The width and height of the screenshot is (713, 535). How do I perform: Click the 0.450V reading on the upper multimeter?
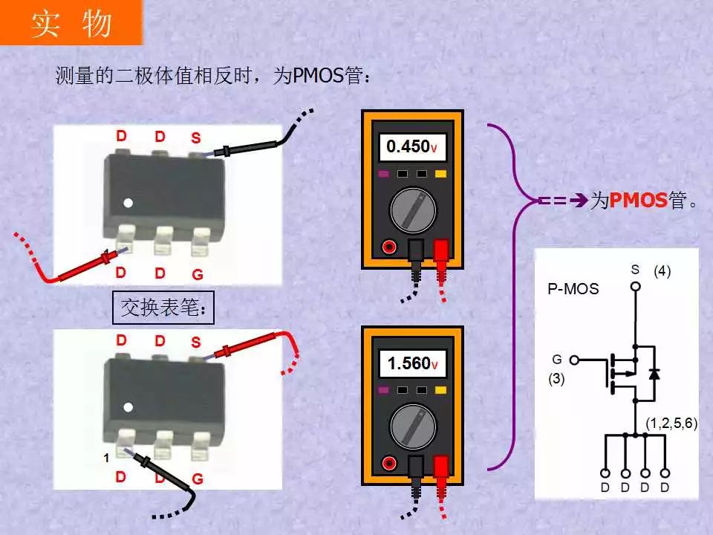click(x=412, y=146)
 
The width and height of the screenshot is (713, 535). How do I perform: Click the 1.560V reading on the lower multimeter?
click(x=412, y=363)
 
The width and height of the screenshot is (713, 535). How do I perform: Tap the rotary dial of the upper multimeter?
click(x=413, y=210)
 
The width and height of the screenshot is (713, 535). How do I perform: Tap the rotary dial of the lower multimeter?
click(x=413, y=427)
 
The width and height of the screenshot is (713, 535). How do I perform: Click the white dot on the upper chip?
click(x=128, y=203)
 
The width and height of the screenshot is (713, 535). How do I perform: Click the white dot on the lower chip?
click(x=128, y=407)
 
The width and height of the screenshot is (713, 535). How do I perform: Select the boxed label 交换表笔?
click(x=163, y=308)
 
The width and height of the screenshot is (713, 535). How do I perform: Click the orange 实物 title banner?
click(x=71, y=22)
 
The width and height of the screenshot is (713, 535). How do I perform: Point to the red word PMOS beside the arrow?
click(x=639, y=200)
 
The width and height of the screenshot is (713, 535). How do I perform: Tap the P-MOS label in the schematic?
click(x=573, y=289)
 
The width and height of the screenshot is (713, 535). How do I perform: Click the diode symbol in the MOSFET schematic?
click(x=654, y=374)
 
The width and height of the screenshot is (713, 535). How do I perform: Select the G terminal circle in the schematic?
click(x=574, y=360)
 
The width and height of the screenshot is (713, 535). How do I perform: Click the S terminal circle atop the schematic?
click(x=636, y=287)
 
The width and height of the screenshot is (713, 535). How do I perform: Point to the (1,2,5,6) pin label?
click(x=671, y=423)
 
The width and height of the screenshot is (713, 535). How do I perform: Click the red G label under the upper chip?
click(x=198, y=274)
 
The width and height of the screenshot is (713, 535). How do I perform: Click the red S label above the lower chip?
click(x=195, y=342)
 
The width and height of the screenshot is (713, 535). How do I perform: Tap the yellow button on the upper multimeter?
click(x=440, y=174)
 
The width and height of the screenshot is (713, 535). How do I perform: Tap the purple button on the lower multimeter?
click(x=384, y=390)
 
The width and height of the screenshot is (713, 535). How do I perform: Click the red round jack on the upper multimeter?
click(x=389, y=247)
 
